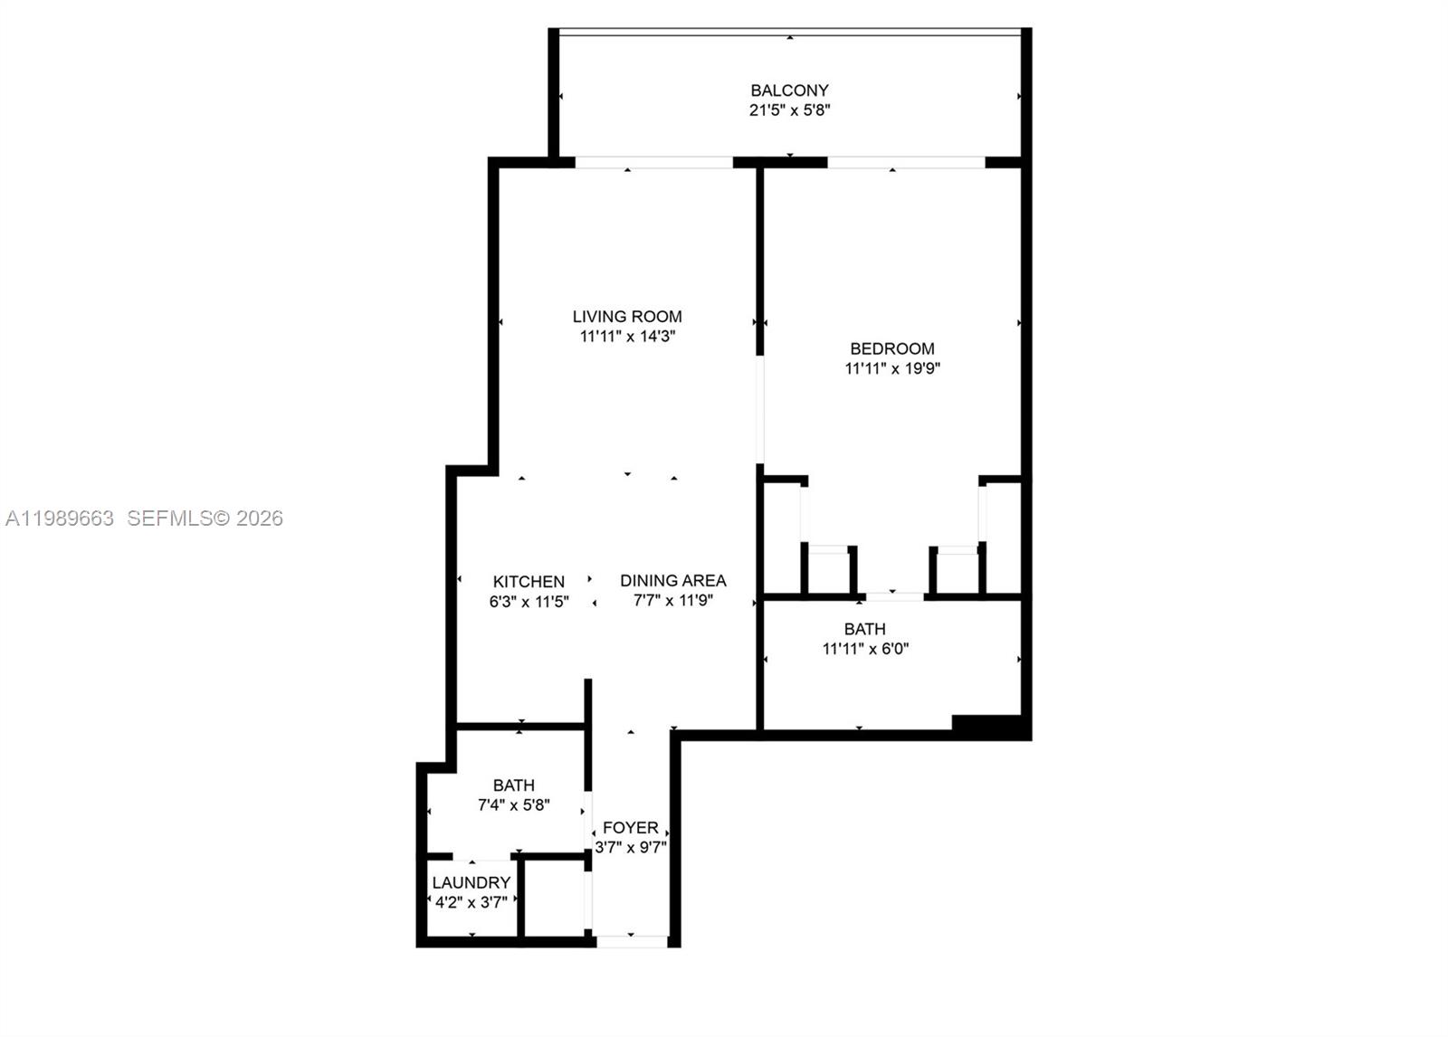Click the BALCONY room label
tap(789, 90)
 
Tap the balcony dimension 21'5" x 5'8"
tap(789, 110)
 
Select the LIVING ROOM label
tap(627, 317)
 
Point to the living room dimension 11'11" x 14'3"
tap(627, 337)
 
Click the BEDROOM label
tap(892, 348)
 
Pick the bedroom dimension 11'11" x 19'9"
tap(892, 368)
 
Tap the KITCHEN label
tap(529, 582)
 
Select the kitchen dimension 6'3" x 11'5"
tap(529, 602)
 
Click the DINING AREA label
tap(673, 580)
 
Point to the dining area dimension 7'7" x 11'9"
tap(673, 600)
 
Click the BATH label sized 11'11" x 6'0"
tap(865, 629)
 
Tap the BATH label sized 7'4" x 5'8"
tap(513, 785)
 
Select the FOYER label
tap(631, 828)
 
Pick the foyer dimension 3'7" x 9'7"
tap(631, 848)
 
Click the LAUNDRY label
tap(471, 883)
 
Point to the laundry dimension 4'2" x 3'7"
tap(471, 902)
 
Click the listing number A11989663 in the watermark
tap(60, 518)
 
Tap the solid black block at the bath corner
tap(987, 725)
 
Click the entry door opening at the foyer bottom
tap(632, 942)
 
